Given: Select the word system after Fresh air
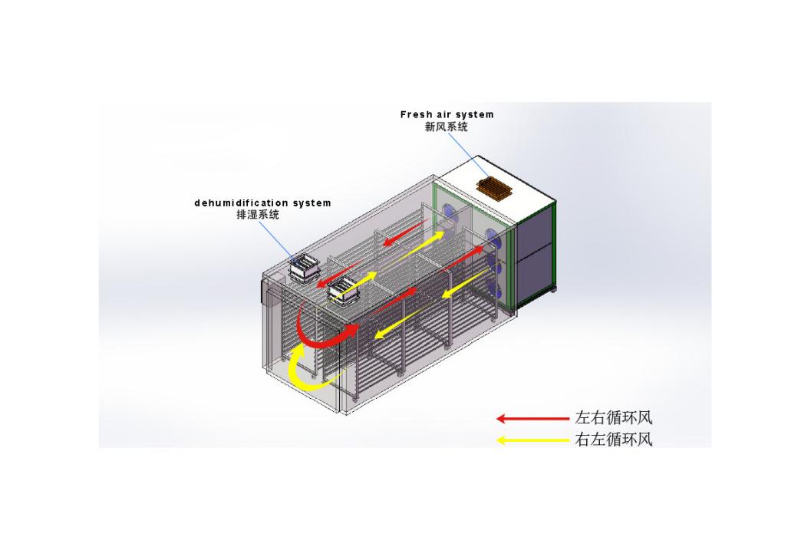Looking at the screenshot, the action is [476, 115].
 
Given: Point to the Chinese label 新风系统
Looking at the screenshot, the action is [447, 127].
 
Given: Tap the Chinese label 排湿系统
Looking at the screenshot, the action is [258, 215].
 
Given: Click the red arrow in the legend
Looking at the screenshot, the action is [532, 418].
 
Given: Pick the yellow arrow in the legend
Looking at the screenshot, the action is [532, 440].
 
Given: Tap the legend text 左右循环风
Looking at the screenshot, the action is [613, 417].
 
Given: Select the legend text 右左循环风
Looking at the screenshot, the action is [613, 440].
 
